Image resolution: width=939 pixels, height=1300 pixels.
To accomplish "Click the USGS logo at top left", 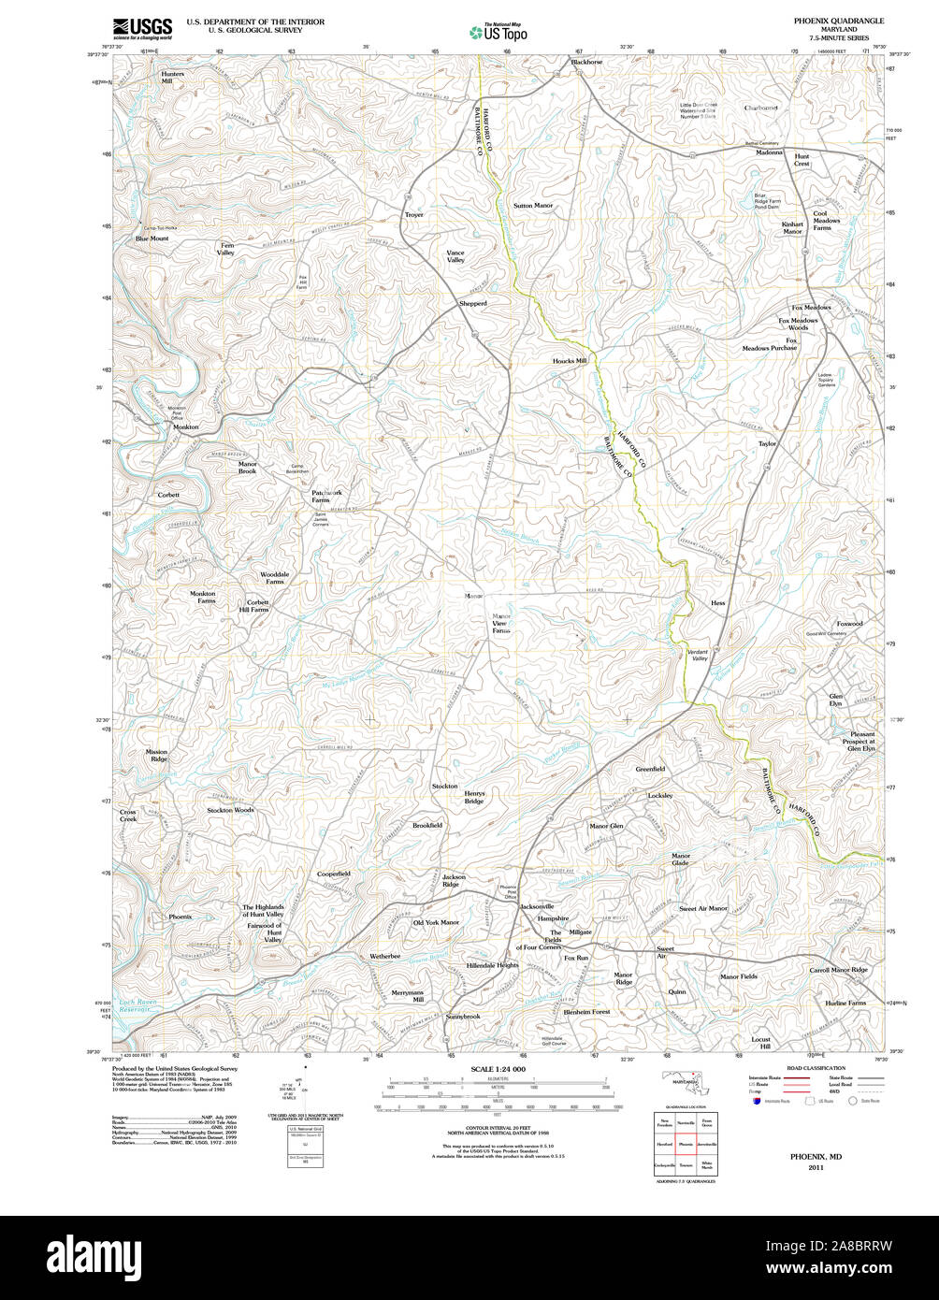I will pos(142,27).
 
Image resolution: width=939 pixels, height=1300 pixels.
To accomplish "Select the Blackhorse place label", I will pos(586,63).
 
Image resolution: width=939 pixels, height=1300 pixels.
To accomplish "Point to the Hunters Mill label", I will pos(172,77).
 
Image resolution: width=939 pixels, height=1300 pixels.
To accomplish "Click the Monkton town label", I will pos(185,426).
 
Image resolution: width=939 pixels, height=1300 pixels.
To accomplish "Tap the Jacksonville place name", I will pos(537,906).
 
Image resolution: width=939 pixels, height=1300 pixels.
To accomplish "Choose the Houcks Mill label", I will pos(569,360).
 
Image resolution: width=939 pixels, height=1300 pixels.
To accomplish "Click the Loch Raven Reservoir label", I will pos(135,1006).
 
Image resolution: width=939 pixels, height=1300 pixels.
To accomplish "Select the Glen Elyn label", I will pos(835,700).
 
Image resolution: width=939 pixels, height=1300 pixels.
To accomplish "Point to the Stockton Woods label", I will pos(230,810).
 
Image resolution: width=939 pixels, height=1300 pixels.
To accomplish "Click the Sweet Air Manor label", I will pos(702,908).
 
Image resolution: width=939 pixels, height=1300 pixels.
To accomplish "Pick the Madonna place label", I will pos(769,152).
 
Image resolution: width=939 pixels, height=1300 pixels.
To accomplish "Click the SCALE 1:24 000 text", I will pos(498,1069).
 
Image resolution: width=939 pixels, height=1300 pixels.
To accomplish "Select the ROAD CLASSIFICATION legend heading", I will pos(816,1068).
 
